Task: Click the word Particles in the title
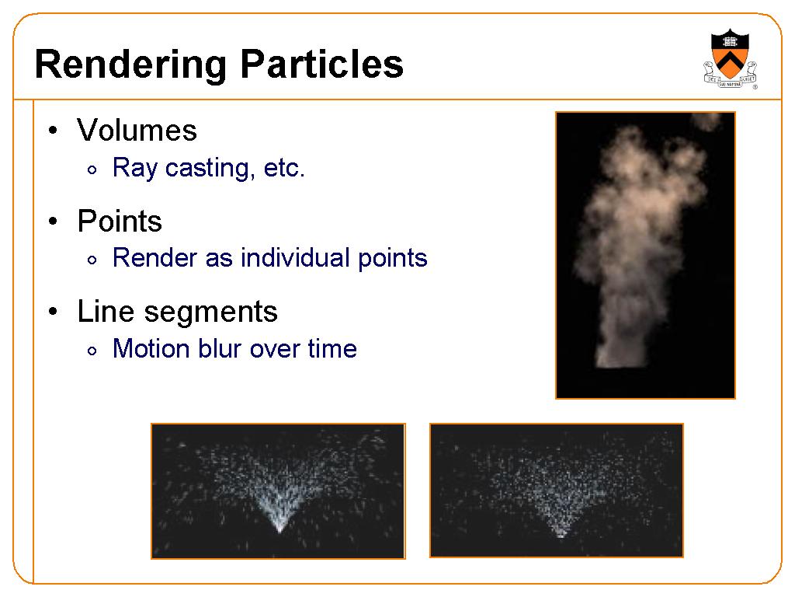(322, 64)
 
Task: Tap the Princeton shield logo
(730, 59)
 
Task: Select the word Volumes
(137, 131)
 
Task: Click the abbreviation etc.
(284, 169)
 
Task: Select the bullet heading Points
(120, 221)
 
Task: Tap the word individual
(296, 257)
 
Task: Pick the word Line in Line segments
(106, 311)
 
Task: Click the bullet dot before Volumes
(54, 131)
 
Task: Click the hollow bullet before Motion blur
(92, 351)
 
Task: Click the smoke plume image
(645, 255)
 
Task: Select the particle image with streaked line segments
(279, 491)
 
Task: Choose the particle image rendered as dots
(557, 491)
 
